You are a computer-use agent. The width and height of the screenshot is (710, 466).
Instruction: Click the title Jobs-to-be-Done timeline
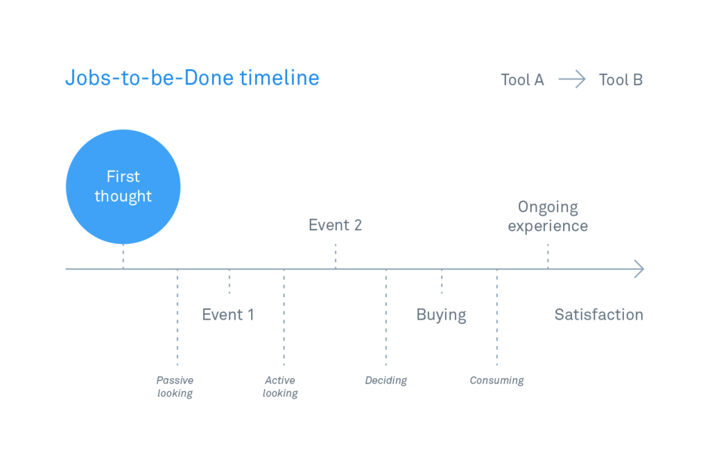(x=193, y=78)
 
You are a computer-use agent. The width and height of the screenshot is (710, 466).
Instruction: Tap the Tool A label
(x=522, y=80)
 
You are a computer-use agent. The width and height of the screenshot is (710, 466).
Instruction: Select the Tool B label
(x=621, y=80)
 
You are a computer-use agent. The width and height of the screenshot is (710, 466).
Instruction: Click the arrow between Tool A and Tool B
(x=572, y=79)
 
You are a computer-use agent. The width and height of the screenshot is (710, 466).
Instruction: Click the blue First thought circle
(x=123, y=187)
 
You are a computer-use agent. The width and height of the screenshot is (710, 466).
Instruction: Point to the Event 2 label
(x=335, y=225)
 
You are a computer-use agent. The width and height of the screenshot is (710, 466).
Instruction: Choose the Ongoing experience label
(x=548, y=216)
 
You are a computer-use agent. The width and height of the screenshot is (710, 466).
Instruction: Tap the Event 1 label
(x=227, y=314)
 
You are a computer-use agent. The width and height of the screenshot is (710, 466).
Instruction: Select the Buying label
(x=441, y=316)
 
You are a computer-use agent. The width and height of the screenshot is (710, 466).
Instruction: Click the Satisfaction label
(x=598, y=314)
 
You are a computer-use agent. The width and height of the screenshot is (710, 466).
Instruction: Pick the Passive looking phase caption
(x=175, y=386)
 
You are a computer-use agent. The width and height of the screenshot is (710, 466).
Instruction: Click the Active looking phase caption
(x=280, y=386)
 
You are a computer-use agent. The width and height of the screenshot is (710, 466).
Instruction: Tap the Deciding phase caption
(x=386, y=381)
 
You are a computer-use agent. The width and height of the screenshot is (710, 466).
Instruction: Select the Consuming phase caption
(x=496, y=381)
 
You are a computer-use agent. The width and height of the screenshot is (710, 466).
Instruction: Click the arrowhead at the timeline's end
(x=639, y=269)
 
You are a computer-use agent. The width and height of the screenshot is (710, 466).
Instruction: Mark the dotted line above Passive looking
(x=177, y=318)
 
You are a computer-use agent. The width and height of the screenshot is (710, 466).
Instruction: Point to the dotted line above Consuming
(x=496, y=318)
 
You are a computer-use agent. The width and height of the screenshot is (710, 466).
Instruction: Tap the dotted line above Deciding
(x=386, y=318)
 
